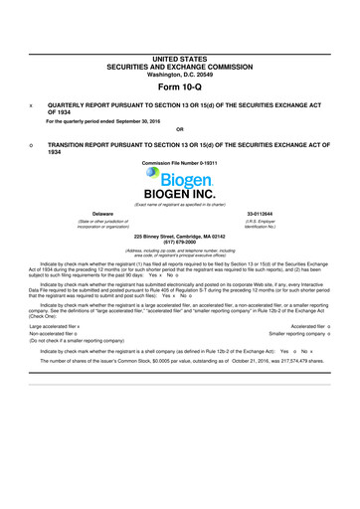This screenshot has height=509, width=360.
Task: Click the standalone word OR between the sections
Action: pyautogui.click(x=179, y=128)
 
